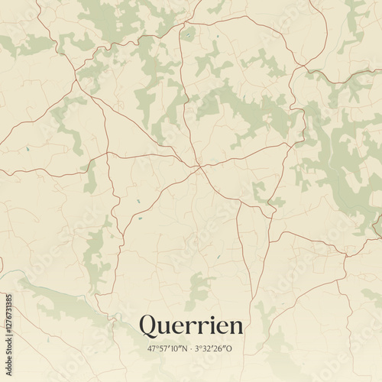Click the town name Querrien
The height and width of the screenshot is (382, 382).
(x=191, y=325)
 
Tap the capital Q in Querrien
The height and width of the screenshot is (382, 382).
(x=148, y=325)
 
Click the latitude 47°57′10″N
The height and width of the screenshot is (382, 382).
(x=167, y=349)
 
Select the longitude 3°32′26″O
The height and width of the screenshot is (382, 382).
(x=214, y=349)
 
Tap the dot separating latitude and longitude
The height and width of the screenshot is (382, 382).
(x=190, y=349)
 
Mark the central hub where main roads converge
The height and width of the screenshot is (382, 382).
(x=199, y=166)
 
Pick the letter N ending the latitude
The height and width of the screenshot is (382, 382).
(x=183, y=349)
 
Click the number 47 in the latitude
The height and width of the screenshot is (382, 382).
(x=152, y=349)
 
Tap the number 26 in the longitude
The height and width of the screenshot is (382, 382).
(x=220, y=349)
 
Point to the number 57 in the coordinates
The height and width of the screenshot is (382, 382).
(x=162, y=349)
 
